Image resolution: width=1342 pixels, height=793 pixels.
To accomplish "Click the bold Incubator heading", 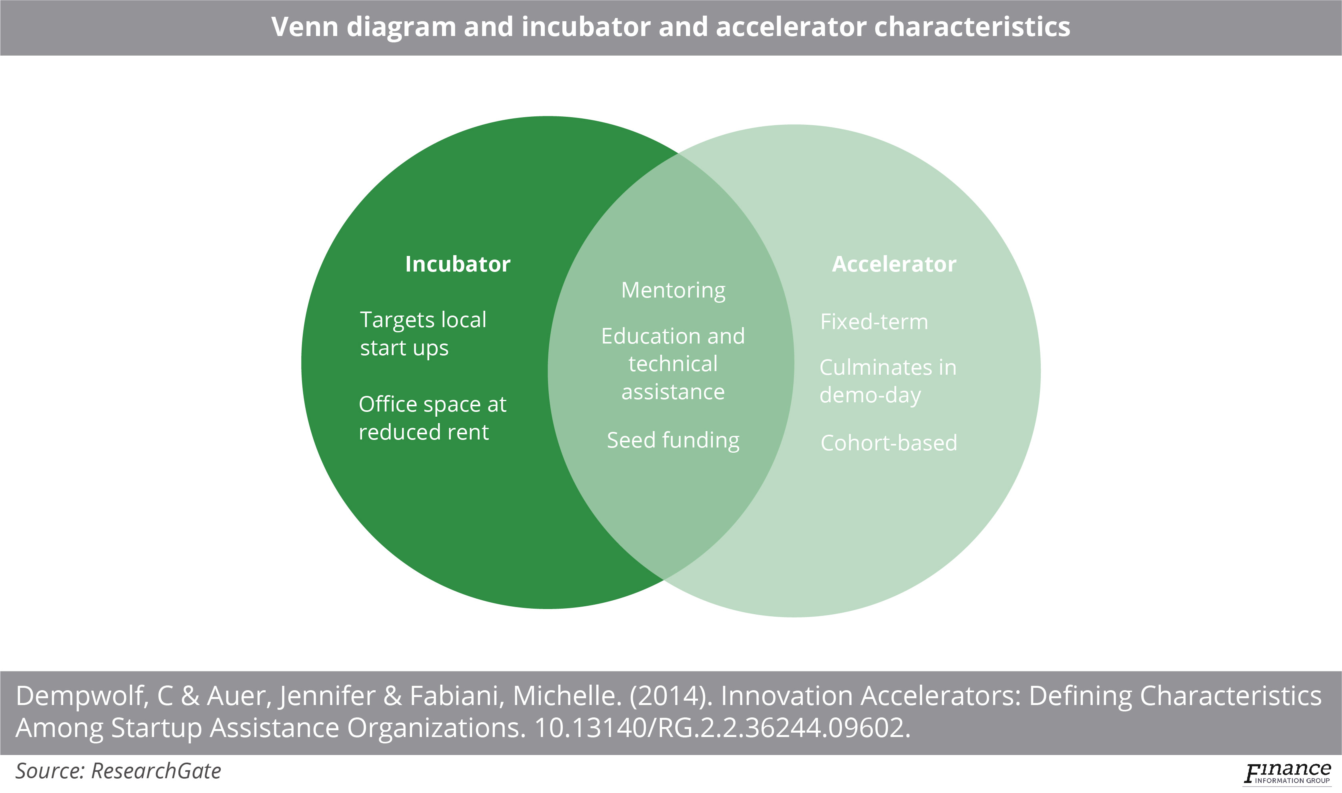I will [x=458, y=264].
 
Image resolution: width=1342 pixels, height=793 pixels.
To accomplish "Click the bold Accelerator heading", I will [x=894, y=264].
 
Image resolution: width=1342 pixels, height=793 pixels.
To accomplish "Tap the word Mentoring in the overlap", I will [x=673, y=290].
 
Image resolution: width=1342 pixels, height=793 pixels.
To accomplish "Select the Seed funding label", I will [x=673, y=440].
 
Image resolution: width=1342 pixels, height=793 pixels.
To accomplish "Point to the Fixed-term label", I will [x=874, y=322].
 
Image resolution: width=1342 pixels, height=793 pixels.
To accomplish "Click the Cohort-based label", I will [x=888, y=443].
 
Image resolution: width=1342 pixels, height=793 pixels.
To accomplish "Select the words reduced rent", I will [x=423, y=432].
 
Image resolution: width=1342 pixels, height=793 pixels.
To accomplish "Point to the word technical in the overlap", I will [x=673, y=364].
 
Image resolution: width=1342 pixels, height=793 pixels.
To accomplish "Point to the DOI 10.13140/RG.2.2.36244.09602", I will [x=722, y=728].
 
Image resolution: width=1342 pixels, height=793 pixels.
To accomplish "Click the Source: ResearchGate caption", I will [x=118, y=771].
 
